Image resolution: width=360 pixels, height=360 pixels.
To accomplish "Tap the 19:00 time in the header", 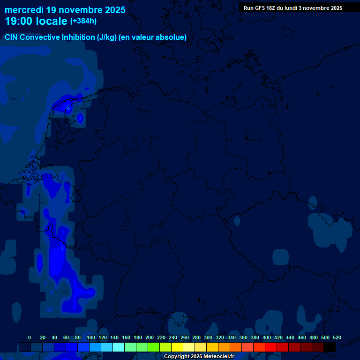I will click(x=19, y=21).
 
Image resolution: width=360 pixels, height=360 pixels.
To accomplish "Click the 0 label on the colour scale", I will click(x=30, y=337).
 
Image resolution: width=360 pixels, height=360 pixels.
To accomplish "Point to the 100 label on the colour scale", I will click(x=91, y=337).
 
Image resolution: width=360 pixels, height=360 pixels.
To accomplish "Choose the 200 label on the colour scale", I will click(x=150, y=337).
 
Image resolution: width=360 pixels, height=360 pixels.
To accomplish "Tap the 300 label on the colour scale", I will click(x=208, y=337).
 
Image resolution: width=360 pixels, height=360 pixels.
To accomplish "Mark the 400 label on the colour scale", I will click(x=267, y=337).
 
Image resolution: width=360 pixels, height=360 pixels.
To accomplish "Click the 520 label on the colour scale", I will click(x=337, y=337).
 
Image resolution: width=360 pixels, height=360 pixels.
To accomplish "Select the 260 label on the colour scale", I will click(x=185, y=337).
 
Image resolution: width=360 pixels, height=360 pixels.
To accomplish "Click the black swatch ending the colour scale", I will click(x=330, y=347).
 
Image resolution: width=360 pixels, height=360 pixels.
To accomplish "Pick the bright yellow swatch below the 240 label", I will click(x=177, y=347).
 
